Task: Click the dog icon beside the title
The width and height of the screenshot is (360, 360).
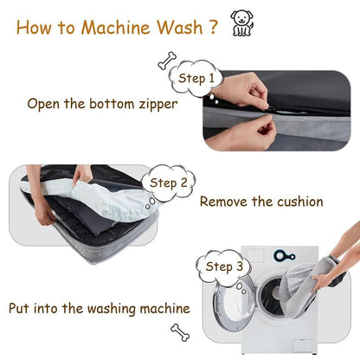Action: pos(242,22)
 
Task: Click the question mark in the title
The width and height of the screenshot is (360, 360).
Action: pos(212,26)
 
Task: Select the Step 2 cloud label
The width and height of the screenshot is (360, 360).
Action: pos(168,183)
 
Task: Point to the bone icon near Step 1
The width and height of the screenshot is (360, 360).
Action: pos(165,61)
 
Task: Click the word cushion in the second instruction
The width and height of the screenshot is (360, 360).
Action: pos(294,202)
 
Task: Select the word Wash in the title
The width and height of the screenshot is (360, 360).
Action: pos(178,26)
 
